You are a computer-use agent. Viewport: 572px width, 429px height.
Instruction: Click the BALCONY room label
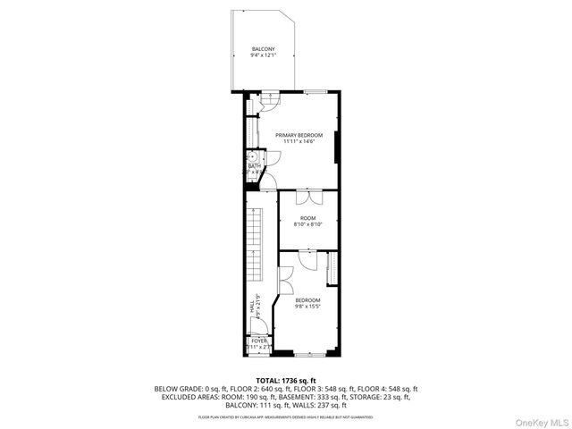(x=263, y=48)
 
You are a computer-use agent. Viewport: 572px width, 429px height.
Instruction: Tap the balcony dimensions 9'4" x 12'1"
(x=263, y=55)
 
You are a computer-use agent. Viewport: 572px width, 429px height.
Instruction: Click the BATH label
(x=255, y=165)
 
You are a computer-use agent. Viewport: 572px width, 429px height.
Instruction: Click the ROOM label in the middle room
(x=307, y=218)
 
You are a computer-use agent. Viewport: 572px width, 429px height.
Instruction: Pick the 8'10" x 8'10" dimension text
(x=307, y=225)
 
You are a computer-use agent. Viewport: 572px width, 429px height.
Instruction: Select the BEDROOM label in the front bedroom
(x=307, y=300)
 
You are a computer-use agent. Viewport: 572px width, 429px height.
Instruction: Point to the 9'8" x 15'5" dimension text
(x=307, y=307)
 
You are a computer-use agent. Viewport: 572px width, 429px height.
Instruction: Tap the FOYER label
(x=259, y=341)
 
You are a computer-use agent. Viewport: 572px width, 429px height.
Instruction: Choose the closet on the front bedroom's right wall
(x=332, y=270)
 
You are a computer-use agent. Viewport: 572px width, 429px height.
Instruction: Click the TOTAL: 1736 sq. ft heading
(x=286, y=380)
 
